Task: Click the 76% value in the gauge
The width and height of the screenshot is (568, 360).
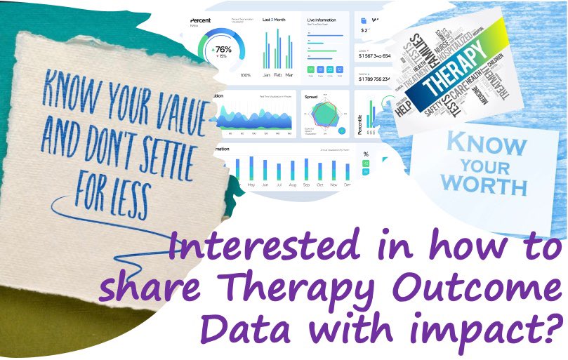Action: (223, 50)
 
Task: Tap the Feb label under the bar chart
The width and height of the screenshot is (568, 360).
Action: (279, 74)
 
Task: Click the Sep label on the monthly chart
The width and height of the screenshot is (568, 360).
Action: (307, 185)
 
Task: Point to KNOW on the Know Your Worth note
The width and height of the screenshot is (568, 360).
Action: (487, 145)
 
